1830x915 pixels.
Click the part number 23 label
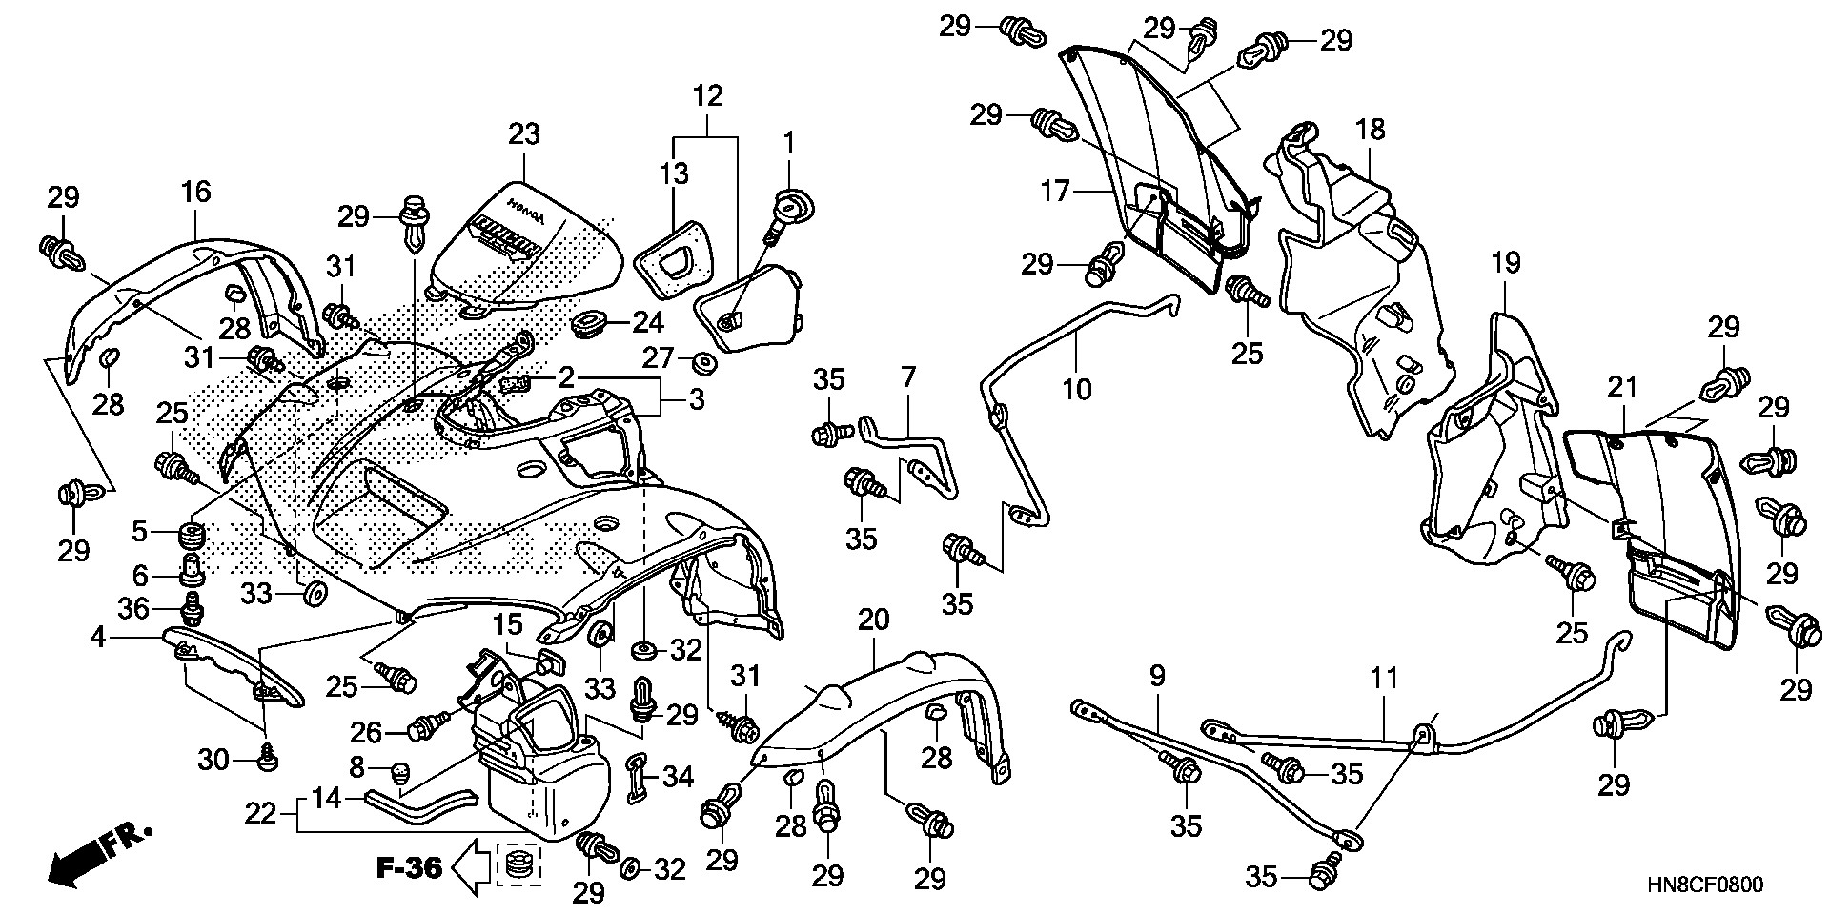pos(524,134)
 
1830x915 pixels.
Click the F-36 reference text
pos(409,868)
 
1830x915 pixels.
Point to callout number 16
pos(195,193)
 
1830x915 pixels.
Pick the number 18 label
pos(1371,130)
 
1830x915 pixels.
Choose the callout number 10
pos(1077,389)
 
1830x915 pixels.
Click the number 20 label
pos(873,620)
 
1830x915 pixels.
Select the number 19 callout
pos(1506,262)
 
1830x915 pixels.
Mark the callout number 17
pos(1055,192)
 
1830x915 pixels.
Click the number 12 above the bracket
pos(707,95)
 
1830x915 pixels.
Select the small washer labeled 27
pos(706,362)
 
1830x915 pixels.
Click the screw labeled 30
pos(269,759)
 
